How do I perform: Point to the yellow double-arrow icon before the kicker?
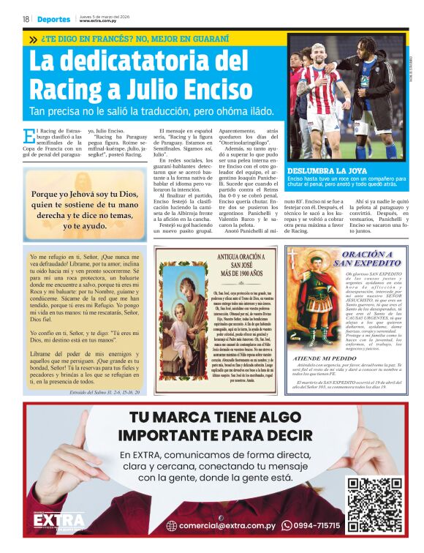coord(33,39)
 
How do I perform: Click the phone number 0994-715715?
coord(317,525)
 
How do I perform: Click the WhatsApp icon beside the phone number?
coord(287,525)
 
